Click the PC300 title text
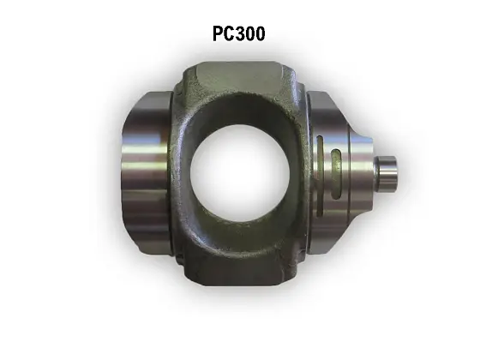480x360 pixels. click(239, 33)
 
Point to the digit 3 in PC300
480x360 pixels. click(243, 33)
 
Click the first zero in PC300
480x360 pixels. click(252, 33)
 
